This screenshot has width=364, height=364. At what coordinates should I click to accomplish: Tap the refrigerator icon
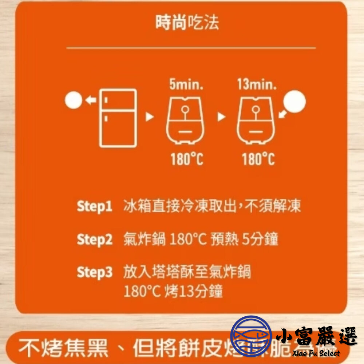tap(118, 118)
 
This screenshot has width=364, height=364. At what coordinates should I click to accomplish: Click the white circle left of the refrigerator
tap(74, 100)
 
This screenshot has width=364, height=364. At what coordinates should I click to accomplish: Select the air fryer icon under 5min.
tap(185, 121)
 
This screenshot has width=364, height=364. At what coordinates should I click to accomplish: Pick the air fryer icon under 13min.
tap(256, 121)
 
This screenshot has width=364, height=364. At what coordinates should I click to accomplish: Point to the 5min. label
tap(186, 85)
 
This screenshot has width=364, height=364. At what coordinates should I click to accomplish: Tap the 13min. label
tap(257, 85)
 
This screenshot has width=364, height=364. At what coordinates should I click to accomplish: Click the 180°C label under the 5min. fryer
tap(187, 159)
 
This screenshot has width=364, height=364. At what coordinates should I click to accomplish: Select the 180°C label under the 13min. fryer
tap(258, 159)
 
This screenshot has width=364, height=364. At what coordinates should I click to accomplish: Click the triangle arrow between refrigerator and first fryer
tap(149, 117)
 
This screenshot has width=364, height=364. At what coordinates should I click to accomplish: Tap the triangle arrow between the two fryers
tap(221, 117)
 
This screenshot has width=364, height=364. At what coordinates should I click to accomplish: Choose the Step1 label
tap(94, 206)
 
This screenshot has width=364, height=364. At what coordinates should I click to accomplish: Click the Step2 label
tap(95, 240)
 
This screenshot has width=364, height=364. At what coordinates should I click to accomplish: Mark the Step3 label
tap(95, 272)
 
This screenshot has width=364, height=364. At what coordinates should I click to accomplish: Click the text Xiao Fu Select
tap(316, 353)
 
